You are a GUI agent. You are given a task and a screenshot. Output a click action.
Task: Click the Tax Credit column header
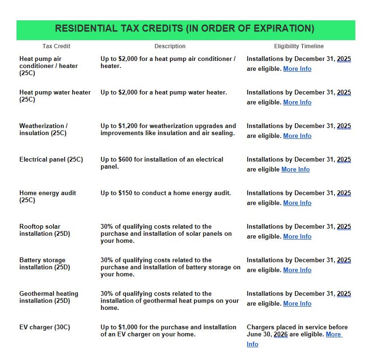pos(56,46)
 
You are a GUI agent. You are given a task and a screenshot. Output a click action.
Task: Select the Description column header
pos(170,46)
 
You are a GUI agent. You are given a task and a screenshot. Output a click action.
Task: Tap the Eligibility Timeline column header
pos(299,46)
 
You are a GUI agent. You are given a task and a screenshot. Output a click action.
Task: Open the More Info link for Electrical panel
pos(295,169)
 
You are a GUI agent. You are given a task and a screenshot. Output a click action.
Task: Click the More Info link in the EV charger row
pos(334,334)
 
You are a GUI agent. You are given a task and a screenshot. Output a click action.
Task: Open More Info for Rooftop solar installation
pos(297,236)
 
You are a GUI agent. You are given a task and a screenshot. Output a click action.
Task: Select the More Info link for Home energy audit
pos(297,203)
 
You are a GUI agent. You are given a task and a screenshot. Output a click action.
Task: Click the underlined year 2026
pos(280,334)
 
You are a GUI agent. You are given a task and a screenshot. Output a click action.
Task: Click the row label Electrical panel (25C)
pos(51,159)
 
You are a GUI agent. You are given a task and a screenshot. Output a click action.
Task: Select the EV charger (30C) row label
pos(44,327)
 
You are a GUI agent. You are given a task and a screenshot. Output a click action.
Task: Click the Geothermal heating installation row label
pos(49,297)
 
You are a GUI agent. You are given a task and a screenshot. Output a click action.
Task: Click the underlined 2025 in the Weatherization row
pos(344,126)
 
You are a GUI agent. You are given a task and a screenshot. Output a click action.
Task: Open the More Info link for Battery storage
pos(297,270)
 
